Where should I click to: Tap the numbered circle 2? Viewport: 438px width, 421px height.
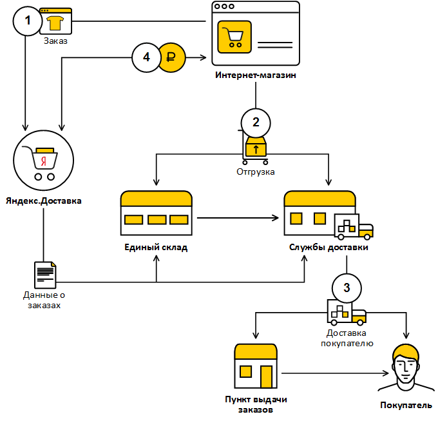pyautogui.click(x=256, y=121)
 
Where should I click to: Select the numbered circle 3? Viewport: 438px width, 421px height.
pyautogui.click(x=347, y=287)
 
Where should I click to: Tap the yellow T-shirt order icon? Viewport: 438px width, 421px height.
pyautogui.click(x=55, y=23)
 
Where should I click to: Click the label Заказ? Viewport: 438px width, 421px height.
pyautogui.click(x=55, y=41)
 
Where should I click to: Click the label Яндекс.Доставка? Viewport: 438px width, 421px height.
pyautogui.click(x=44, y=200)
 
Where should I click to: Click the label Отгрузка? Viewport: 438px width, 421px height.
pyautogui.click(x=256, y=172)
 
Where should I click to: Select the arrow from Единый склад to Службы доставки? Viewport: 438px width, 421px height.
pyautogui.click(x=238, y=218)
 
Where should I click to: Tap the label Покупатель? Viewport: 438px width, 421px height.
pyautogui.click(x=406, y=406)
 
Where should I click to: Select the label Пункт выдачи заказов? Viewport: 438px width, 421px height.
pyautogui.click(x=256, y=404)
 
